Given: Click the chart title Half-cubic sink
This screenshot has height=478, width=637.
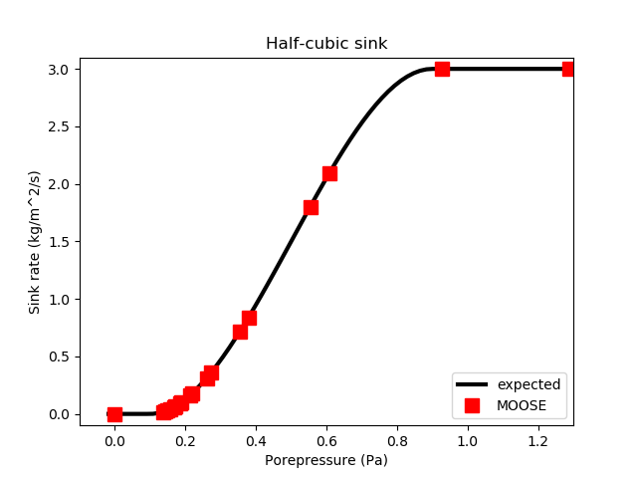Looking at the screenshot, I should (325, 44).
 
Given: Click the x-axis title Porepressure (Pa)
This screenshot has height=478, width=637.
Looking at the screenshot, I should (325, 461).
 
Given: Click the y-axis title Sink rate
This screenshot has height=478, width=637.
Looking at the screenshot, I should (35, 242).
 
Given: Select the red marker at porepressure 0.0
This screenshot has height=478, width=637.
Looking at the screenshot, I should (114, 414).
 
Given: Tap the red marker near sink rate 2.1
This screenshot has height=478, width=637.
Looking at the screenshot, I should (329, 173).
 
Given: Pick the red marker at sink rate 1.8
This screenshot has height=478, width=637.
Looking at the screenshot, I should (311, 207).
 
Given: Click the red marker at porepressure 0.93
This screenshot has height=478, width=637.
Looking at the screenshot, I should (442, 69).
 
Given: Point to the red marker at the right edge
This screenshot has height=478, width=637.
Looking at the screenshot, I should (568, 69).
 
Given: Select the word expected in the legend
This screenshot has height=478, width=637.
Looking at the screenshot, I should (529, 384).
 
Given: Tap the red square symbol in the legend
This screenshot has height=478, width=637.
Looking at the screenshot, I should (472, 405).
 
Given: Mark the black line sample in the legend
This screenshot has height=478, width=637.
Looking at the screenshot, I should (472, 384).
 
